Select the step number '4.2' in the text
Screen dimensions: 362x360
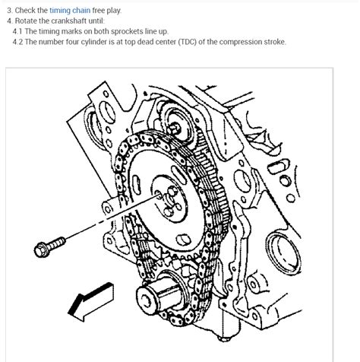click(x=18, y=42)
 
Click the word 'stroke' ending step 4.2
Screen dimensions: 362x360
click(x=273, y=42)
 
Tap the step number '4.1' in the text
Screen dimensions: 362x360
click(x=18, y=30)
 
